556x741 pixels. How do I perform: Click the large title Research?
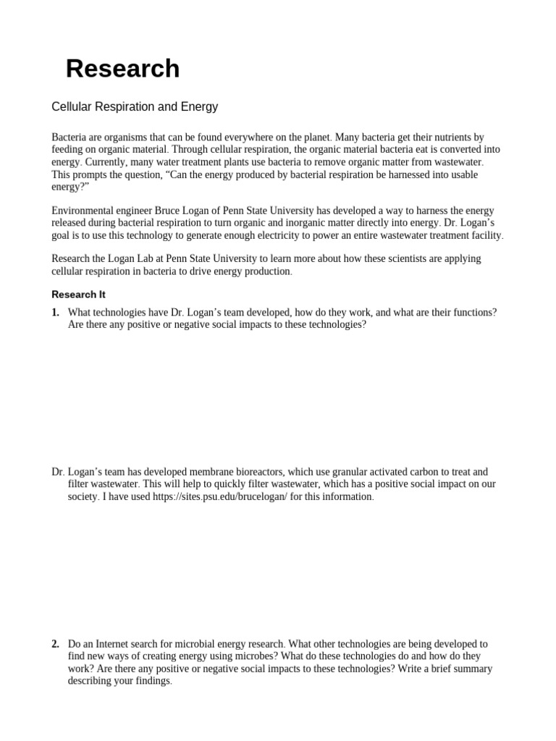[122, 69]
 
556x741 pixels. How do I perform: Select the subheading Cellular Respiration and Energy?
[135, 107]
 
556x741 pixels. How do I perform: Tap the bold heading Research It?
[79, 295]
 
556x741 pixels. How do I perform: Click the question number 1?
[55, 313]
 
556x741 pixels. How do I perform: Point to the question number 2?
[55, 643]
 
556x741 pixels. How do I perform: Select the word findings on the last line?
[151, 682]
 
